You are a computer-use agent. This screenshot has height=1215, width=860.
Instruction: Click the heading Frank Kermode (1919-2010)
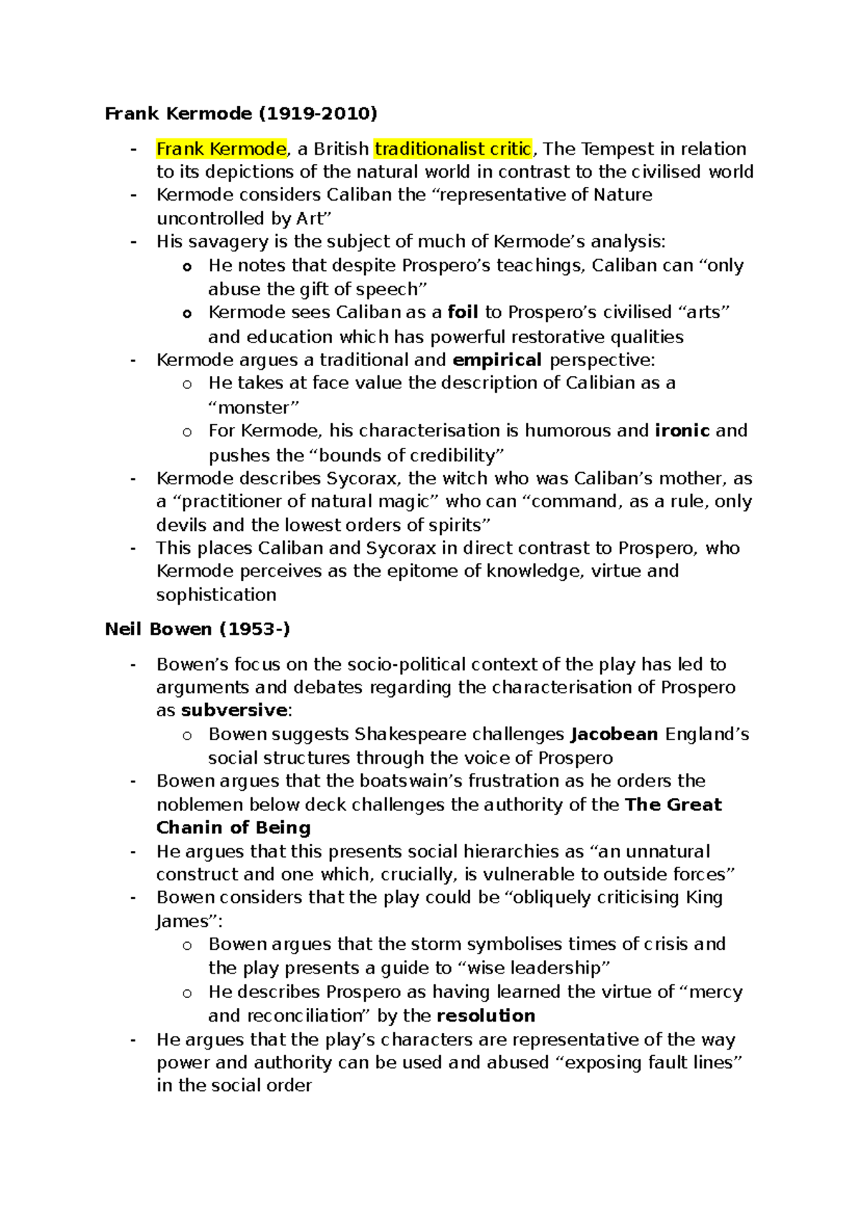coord(241,113)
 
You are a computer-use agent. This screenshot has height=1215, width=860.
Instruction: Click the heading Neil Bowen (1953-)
coord(197,629)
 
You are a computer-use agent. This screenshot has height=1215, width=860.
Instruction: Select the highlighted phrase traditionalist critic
coord(453,149)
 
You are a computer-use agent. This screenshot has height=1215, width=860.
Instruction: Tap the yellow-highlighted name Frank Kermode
coord(221,149)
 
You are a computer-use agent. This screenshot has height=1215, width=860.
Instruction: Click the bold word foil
coord(462,312)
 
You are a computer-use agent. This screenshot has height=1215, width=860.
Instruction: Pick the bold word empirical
coord(497,360)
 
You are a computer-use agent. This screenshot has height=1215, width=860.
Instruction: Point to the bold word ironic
coord(682,431)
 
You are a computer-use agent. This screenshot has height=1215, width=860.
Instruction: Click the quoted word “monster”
coord(254,408)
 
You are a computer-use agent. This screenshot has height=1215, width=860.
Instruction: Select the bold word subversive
coord(234,711)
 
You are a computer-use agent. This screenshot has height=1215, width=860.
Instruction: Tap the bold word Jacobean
coord(614,734)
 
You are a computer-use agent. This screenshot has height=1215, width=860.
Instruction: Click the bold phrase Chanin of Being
coord(234,827)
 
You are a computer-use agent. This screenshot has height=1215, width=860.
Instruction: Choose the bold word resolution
coord(485,1016)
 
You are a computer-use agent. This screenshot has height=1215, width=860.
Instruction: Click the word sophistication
coord(216,595)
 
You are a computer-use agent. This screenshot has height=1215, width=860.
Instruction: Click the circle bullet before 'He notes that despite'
coord(187,267)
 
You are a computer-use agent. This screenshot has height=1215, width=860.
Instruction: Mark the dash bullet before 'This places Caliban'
coord(133,548)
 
